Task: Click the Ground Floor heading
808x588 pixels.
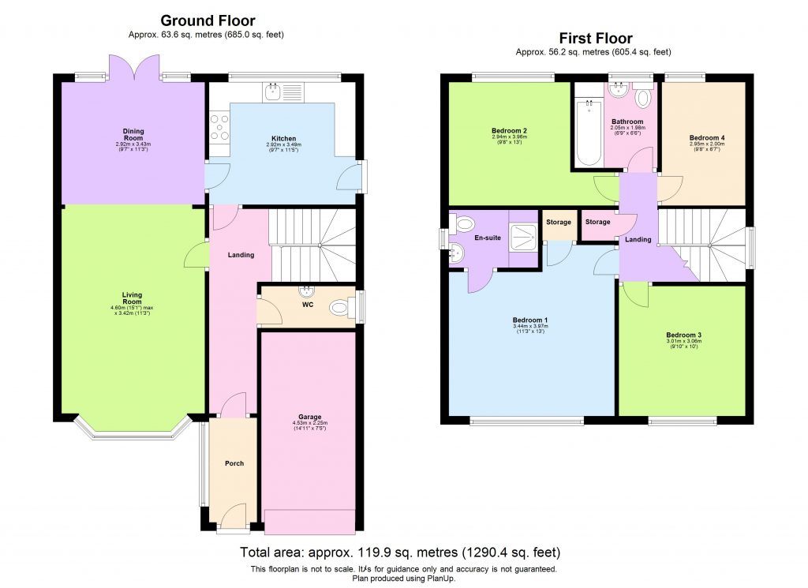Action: click(208, 21)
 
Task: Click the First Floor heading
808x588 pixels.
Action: click(595, 38)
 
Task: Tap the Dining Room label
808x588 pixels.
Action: click(133, 132)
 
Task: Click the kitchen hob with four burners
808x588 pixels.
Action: click(219, 127)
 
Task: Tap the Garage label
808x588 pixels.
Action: click(309, 417)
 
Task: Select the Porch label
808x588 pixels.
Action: click(234, 463)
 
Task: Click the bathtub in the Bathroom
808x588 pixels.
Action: click(588, 133)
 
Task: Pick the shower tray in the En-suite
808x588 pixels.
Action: click(522, 231)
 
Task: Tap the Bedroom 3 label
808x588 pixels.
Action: click(683, 335)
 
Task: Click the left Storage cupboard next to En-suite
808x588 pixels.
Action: click(558, 223)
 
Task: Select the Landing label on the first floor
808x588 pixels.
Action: click(638, 239)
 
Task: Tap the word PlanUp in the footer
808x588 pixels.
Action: click(439, 578)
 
